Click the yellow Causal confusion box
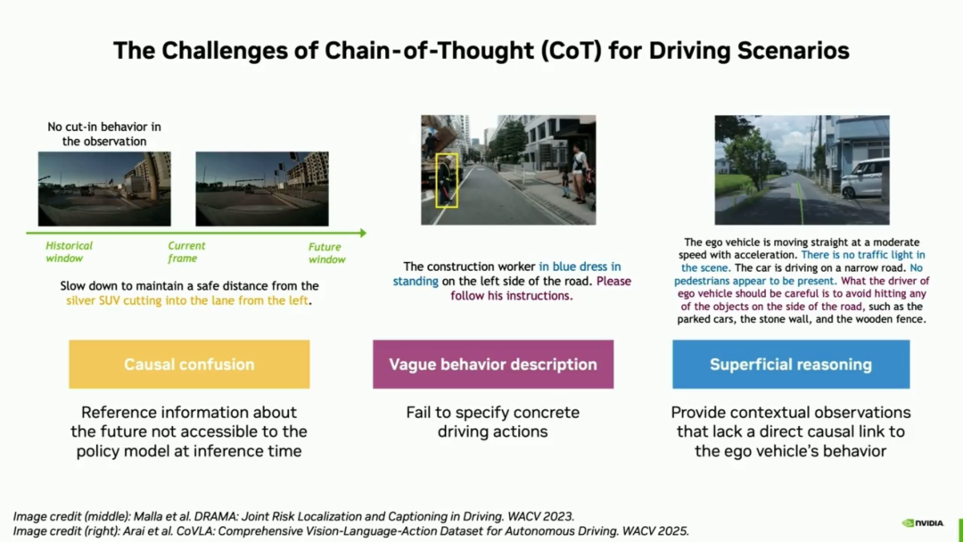click(189, 364)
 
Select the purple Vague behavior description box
click(493, 364)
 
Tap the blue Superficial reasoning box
click(791, 364)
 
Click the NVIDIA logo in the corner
click(923, 523)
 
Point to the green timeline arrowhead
click(363, 234)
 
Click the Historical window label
click(69, 251)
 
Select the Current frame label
click(186, 251)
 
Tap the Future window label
click(326, 253)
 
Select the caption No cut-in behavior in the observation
click(104, 134)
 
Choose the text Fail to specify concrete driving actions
click(492, 422)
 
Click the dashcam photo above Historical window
click(104, 189)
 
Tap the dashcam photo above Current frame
click(262, 189)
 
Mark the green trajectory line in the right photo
click(800, 200)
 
